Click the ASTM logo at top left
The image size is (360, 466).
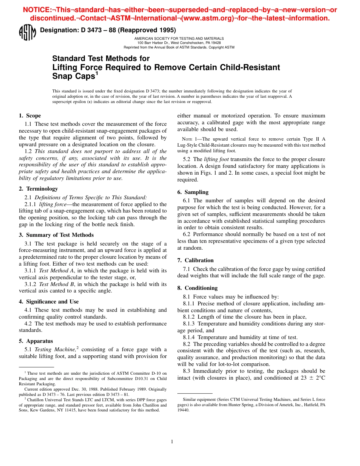(x=27, y=33)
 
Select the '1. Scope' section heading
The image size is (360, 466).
(x=30, y=116)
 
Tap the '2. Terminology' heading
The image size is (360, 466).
(x=38, y=189)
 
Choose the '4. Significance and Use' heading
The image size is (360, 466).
(x=49, y=302)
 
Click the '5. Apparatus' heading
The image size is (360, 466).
(x=36, y=341)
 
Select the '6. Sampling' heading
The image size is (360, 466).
(x=193, y=192)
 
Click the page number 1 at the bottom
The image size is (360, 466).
(x=172, y=441)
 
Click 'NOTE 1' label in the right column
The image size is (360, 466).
(x=189, y=139)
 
